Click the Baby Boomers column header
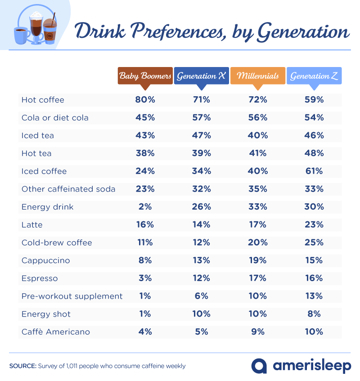[145, 76]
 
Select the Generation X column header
[201, 76]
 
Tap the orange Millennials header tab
[257, 76]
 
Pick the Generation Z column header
[314, 76]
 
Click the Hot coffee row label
[43, 100]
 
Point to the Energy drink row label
[47, 207]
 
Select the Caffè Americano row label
[56, 332]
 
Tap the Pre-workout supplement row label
[72, 296]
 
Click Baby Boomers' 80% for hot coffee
[145, 100]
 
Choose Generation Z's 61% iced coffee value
[314, 171]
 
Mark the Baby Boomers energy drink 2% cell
[145, 207]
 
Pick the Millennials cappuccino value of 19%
[257, 260]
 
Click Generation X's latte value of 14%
[201, 225]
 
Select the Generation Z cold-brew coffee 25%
[314, 242]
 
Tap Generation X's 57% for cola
[201, 118]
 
